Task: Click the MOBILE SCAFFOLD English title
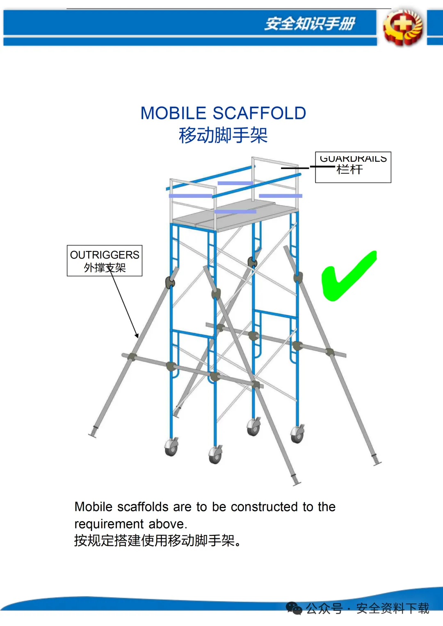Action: [x=223, y=113]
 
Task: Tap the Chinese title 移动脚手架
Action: [x=223, y=135]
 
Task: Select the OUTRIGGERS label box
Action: [x=105, y=261]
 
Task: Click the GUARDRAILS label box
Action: [x=353, y=167]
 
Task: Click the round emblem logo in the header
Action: [x=402, y=27]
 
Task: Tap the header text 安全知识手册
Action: [x=310, y=24]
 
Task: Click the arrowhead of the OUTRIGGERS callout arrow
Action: [x=137, y=336]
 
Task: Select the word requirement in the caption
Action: [x=109, y=524]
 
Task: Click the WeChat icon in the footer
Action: [x=294, y=608]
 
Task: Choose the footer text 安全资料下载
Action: [x=393, y=608]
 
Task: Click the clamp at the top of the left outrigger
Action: [x=170, y=282]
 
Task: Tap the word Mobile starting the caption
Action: [x=94, y=507]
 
